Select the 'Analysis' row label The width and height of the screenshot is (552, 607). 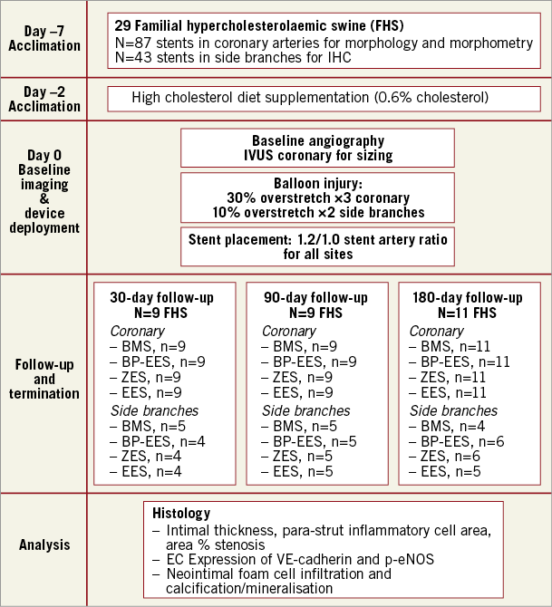(x=44, y=545)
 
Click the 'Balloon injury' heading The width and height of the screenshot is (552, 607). (x=317, y=184)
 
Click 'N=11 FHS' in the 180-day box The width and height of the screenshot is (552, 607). (x=466, y=313)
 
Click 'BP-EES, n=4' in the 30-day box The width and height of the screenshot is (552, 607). (x=155, y=441)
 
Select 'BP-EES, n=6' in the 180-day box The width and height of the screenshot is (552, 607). (x=453, y=441)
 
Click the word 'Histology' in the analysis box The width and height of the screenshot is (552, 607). (x=181, y=513)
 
